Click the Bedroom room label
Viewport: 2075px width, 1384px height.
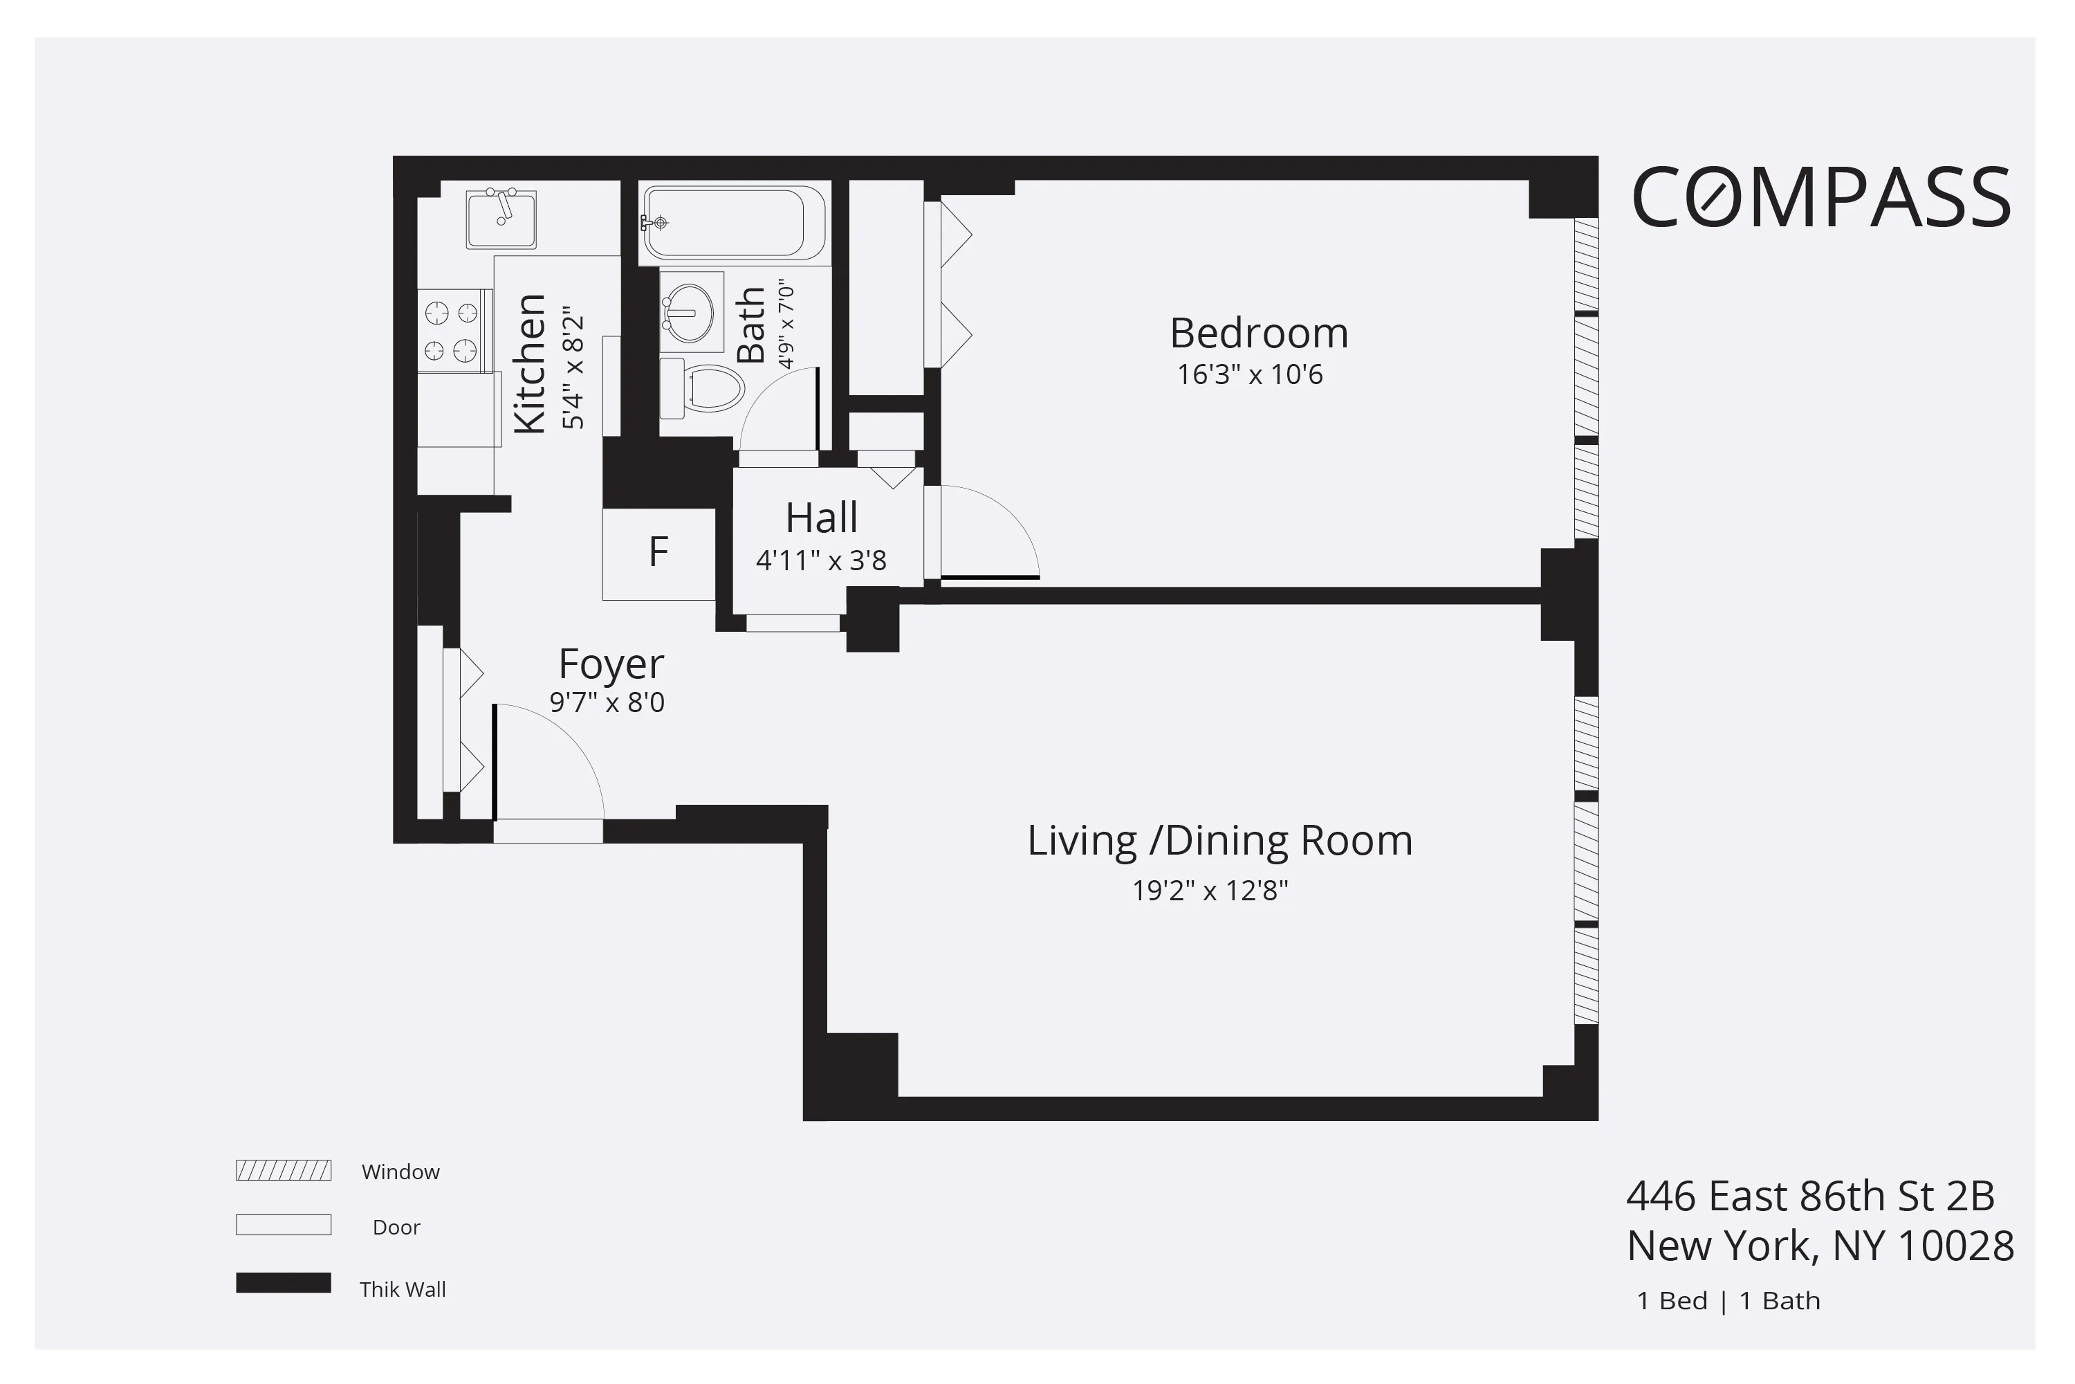1259,334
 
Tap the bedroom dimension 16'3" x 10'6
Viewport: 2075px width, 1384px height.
1249,375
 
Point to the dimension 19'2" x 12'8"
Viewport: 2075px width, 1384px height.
1210,891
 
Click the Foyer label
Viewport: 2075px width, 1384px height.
611,664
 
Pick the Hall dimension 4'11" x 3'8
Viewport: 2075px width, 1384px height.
820,561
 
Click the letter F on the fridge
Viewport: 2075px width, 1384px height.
658,552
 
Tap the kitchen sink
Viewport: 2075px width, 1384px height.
501,219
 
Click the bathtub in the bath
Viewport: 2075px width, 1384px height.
732,222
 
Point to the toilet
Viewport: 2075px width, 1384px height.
705,388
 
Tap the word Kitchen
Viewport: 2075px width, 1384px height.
529,364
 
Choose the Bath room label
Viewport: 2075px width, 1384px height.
750,325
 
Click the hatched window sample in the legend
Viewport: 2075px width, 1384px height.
283,1170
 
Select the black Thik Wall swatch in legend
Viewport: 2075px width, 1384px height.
283,1282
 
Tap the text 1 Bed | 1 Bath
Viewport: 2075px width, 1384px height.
1727,1301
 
